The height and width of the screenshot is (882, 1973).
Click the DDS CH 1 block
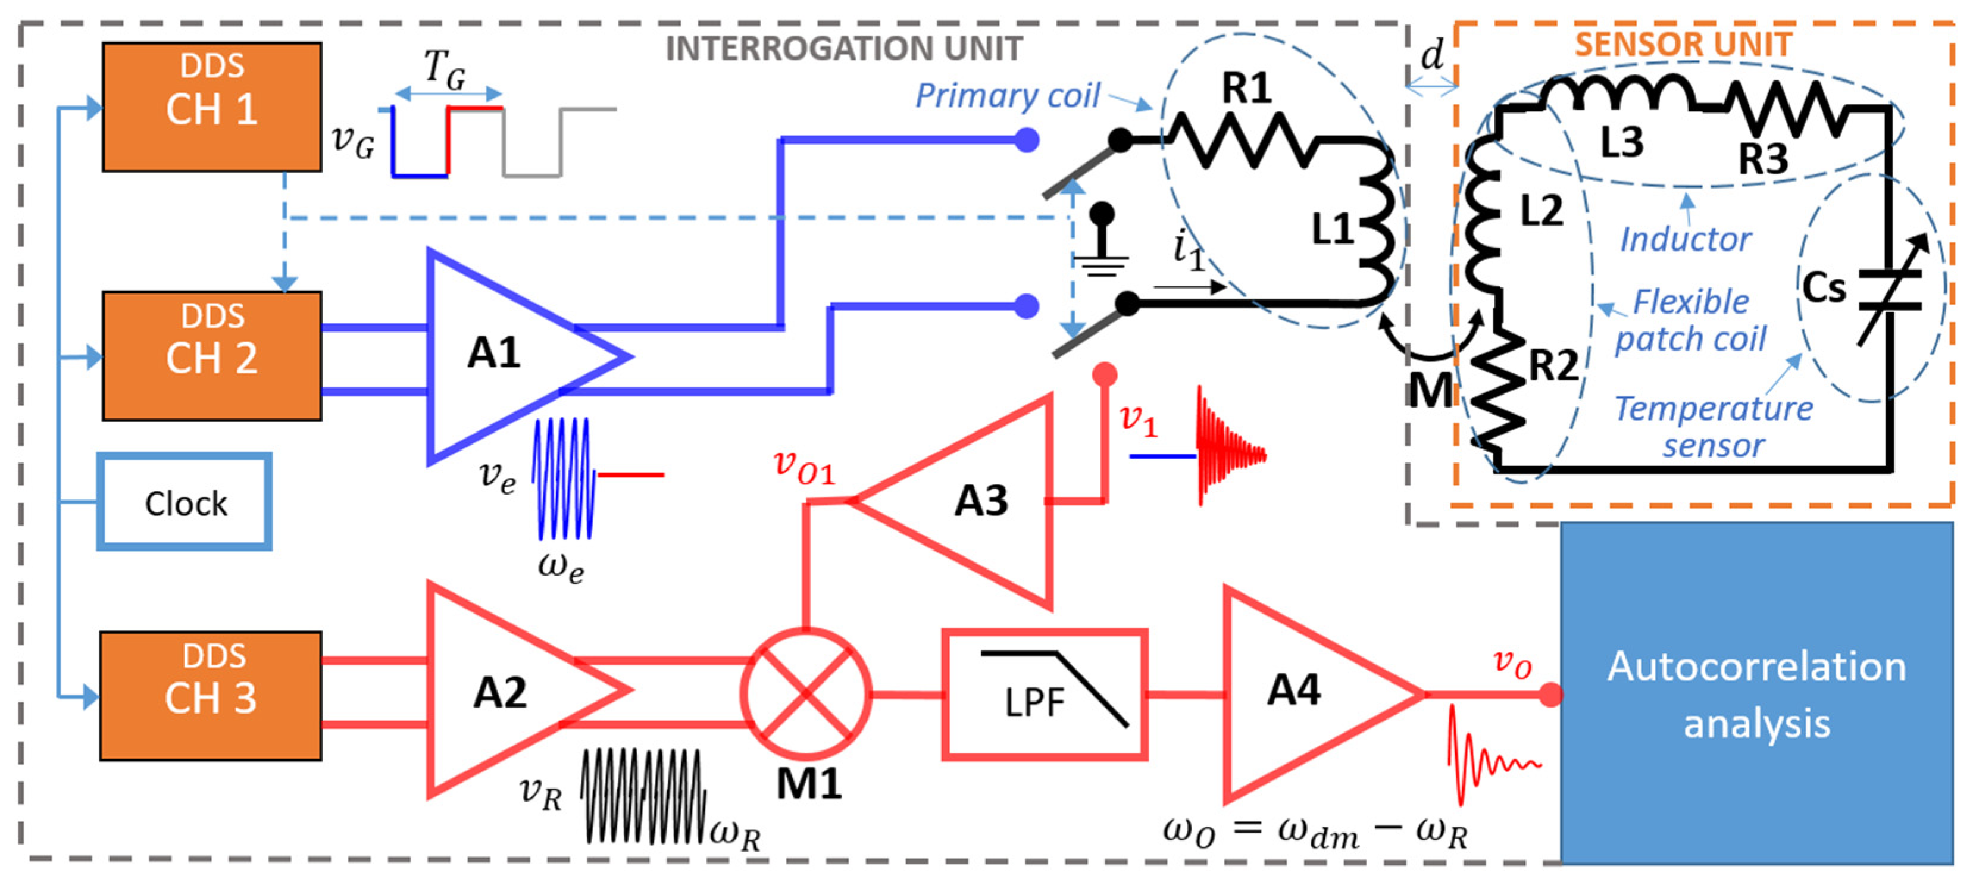coord(211,107)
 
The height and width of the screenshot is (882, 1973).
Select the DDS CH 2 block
coord(211,355)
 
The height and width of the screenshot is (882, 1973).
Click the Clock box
coord(185,502)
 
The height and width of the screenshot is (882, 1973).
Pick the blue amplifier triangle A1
coord(505,356)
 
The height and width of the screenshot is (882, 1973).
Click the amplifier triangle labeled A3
coord(973,502)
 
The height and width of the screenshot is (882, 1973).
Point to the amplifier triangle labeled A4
coord(1302,693)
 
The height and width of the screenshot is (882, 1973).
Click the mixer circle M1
coord(806,693)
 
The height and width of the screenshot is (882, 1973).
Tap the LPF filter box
coord(1045,695)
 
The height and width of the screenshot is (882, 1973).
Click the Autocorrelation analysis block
coord(1756,693)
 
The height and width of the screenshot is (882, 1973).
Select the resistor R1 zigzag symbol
coord(1241,139)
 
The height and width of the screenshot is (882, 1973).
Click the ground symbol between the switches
coord(1102,245)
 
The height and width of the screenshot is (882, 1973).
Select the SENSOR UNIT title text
coord(1682,45)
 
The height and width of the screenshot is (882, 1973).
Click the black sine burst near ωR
coord(642,796)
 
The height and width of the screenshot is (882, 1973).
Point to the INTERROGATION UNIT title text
coord(843,49)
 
